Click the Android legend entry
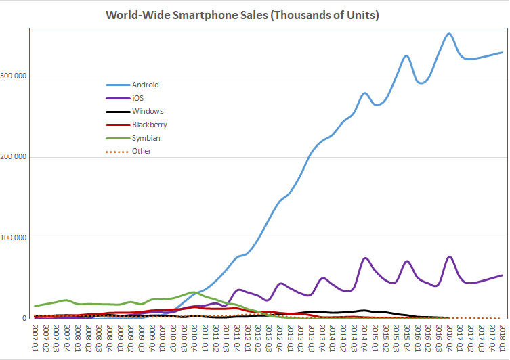(x=146, y=85)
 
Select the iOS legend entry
(x=139, y=98)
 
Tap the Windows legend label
(x=148, y=111)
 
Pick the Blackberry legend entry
(x=150, y=125)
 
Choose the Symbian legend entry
(x=146, y=138)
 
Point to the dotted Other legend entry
(x=142, y=151)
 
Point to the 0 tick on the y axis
(x=24, y=319)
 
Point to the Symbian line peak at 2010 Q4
(x=194, y=292)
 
